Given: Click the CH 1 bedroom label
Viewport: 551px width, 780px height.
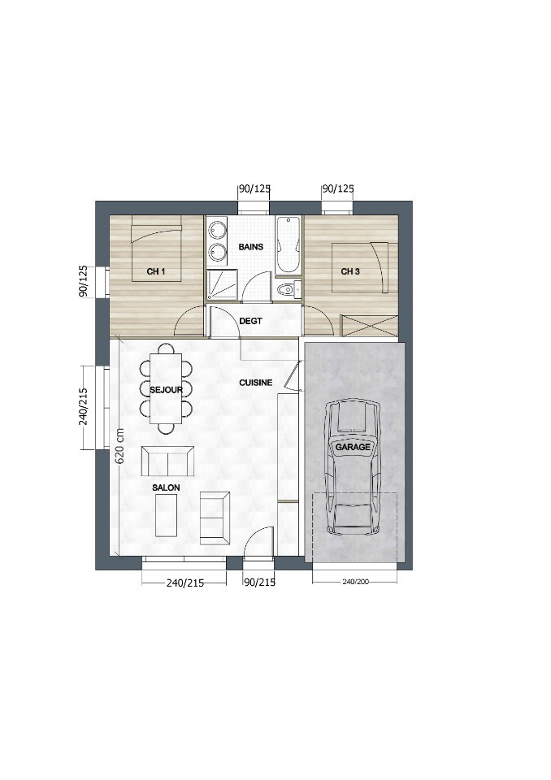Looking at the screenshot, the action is click(156, 271).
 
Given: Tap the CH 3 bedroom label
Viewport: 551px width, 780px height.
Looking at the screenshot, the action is click(350, 271).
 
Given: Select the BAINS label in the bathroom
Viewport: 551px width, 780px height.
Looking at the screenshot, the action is click(251, 247).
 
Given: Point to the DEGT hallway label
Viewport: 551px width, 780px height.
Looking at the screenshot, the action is click(250, 322).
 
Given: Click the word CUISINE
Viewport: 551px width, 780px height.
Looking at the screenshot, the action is click(256, 383).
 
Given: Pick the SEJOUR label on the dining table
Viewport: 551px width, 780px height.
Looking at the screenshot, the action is click(167, 390).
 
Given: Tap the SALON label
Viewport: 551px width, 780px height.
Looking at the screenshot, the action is click(167, 487).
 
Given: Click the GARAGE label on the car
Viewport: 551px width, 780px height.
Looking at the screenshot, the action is click(353, 447).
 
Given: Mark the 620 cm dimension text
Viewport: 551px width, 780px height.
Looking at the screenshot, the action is click(120, 446).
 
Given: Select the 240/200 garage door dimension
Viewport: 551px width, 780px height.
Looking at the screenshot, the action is click(355, 581).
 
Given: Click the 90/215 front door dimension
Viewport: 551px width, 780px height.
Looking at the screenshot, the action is click(259, 583).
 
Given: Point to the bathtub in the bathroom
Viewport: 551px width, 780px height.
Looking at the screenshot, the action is click(289, 245).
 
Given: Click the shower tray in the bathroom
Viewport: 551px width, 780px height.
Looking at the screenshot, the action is click(223, 285).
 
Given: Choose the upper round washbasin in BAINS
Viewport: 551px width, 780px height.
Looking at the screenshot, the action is click(216, 230).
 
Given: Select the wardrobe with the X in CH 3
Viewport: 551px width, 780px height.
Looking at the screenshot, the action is click(369, 327).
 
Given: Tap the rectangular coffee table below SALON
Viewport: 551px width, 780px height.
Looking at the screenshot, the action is click(167, 515).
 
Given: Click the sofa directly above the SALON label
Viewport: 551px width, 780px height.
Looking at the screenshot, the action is click(167, 461).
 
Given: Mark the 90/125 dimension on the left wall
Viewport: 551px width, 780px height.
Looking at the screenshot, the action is click(83, 282).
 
